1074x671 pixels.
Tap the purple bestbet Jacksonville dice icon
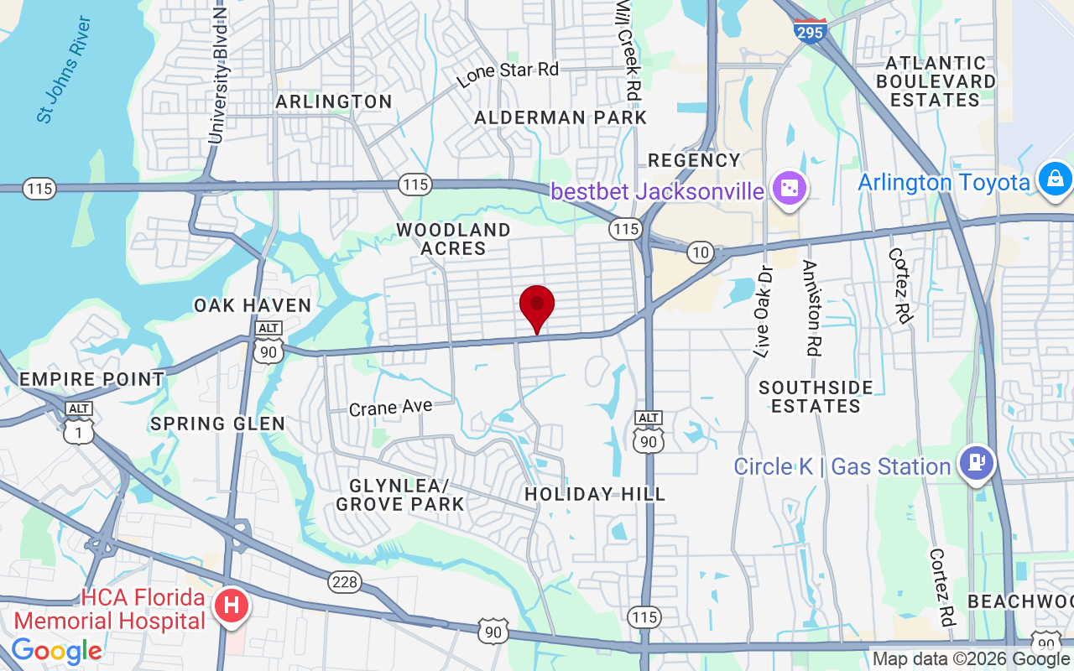790,188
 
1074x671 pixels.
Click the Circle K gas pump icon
977,463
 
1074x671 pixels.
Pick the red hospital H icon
232,605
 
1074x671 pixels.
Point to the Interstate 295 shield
810,30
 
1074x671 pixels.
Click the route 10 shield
700,252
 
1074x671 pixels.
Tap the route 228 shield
344,582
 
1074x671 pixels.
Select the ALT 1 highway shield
79,425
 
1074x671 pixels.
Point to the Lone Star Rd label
508,74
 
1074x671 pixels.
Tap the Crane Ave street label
391,408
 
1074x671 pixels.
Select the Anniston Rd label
810,308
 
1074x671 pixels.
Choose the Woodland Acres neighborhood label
453,239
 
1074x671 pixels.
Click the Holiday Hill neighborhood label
595,495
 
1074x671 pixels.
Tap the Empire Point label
91,379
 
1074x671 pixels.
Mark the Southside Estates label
816,397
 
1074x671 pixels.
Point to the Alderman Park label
560,117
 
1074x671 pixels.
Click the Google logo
56,651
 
